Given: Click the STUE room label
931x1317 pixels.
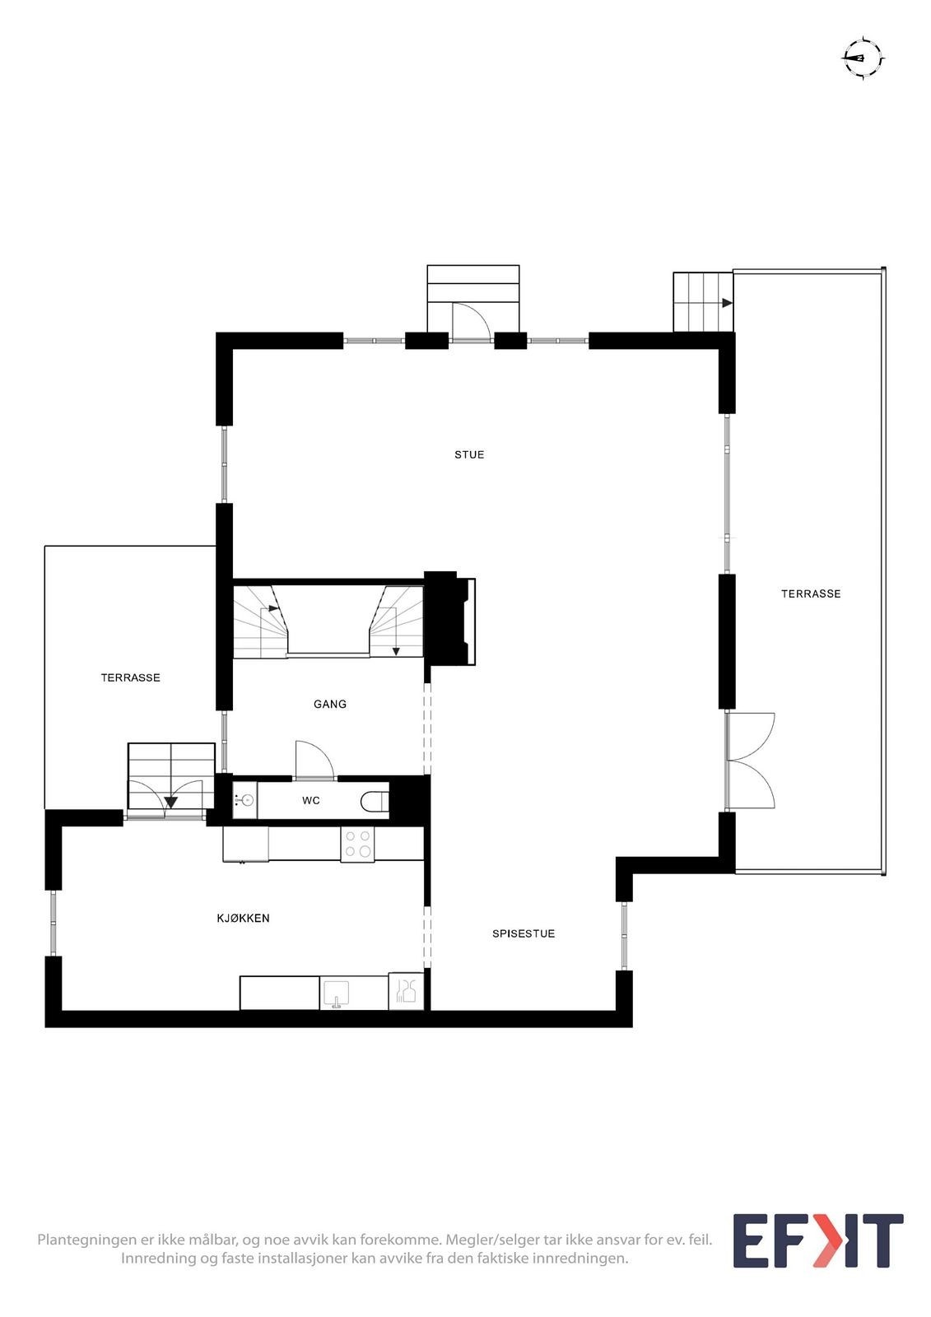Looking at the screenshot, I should [469, 454].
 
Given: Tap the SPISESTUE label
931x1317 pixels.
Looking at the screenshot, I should [524, 933].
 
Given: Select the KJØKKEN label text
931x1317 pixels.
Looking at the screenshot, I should [243, 918].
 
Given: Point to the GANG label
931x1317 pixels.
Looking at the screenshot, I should [329, 704].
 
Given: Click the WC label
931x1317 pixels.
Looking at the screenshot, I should [311, 800].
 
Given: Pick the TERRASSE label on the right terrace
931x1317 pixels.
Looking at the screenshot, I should [811, 593].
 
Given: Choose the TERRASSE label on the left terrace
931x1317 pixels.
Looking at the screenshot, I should [130, 677].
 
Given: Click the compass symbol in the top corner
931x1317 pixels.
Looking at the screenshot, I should [862, 58].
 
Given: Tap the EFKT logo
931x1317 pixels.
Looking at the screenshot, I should [817, 1240].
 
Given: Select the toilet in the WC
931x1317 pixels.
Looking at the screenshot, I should [375, 800].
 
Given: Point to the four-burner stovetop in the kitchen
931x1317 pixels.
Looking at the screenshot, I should [357, 844].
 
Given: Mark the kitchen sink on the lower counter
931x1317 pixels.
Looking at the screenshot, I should [335, 993].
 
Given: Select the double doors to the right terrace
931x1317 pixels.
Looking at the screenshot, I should [751, 760].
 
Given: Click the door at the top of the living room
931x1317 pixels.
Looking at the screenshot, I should [472, 320].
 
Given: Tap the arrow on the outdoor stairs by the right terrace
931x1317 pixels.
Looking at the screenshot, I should [726, 303].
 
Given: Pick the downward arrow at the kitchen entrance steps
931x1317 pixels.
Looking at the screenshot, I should [170, 802].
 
